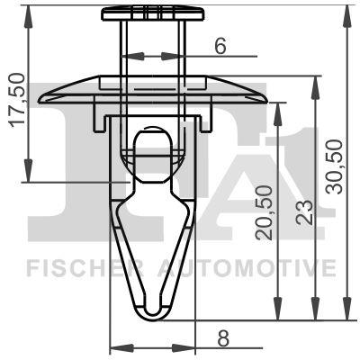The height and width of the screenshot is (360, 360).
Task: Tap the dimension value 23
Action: (x=304, y=211)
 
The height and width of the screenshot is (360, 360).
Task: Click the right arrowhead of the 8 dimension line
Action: (x=193, y=347)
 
